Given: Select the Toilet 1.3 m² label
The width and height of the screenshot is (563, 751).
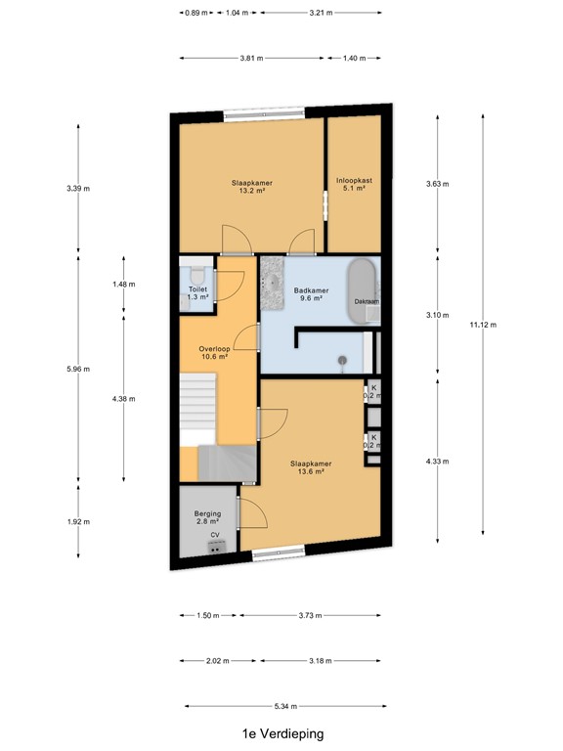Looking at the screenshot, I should coord(197,293).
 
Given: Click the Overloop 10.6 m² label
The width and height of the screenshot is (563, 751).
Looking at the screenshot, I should coord(213,353).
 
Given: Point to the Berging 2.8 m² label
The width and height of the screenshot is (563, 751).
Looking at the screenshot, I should coord(207,518).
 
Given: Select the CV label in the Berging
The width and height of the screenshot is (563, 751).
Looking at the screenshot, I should coord(214,535).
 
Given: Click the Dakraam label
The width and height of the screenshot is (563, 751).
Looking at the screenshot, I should coord(367,302).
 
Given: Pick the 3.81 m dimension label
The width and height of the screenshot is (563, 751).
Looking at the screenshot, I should coord(251,58).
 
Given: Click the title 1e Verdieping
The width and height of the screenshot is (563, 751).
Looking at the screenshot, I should coord(282,732).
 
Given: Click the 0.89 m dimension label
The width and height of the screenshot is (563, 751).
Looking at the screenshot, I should coord(195,14).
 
